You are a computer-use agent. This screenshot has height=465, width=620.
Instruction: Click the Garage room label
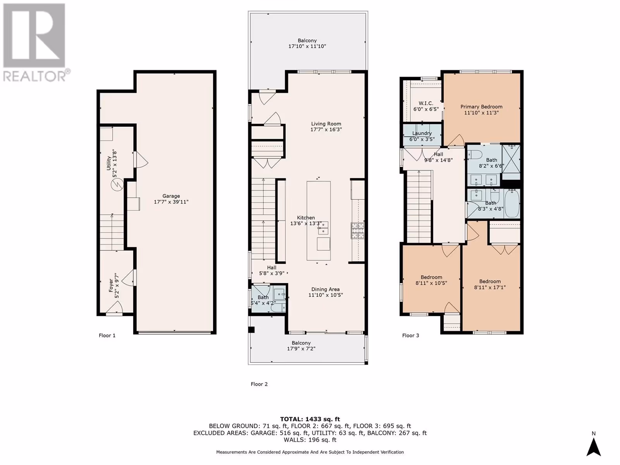(171, 196)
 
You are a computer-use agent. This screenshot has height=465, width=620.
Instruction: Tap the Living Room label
(326, 124)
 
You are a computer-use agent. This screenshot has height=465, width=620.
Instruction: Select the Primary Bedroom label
(481, 107)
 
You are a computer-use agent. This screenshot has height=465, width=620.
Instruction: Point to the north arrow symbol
(593, 447)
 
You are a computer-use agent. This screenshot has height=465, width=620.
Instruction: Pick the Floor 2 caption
(259, 384)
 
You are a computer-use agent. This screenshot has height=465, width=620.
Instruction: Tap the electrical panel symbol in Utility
(117, 185)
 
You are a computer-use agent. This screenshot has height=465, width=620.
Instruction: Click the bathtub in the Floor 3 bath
(512, 203)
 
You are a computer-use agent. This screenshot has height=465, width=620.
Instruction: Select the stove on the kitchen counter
(358, 231)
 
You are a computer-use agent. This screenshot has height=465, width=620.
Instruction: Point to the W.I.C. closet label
(425, 103)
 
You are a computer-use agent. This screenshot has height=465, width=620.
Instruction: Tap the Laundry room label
(422, 133)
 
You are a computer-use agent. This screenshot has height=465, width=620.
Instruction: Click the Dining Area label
(325, 289)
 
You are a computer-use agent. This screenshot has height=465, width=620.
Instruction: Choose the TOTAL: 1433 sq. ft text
(310, 419)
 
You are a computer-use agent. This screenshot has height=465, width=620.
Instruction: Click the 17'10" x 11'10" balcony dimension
(307, 46)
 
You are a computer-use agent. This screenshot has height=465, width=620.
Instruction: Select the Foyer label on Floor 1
(111, 286)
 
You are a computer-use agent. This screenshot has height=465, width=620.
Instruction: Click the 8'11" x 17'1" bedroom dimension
(490, 288)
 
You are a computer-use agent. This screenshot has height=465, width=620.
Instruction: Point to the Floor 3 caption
(410, 336)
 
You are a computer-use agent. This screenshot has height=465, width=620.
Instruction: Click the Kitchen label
(306, 218)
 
